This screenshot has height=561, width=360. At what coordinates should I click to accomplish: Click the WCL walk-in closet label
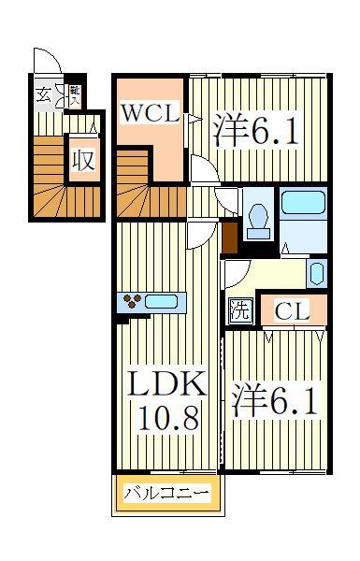[150, 114]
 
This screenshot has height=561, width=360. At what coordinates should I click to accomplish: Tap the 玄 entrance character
[44, 93]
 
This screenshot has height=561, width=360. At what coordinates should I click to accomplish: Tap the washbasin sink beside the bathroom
[317, 274]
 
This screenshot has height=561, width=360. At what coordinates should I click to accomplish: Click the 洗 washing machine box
[240, 310]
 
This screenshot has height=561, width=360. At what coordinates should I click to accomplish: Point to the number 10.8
[167, 417]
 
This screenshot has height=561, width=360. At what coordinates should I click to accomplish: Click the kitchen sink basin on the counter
[163, 302]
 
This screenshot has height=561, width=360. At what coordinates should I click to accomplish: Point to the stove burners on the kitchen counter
[132, 301]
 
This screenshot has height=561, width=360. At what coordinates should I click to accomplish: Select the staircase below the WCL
[150, 197]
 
